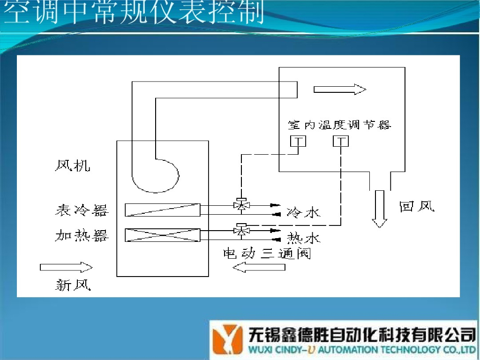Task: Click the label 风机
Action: tap(72, 165)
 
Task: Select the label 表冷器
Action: tap(82, 210)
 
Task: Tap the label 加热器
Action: tap(82, 235)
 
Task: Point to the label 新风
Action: tap(73, 285)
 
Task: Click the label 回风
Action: tap(417, 206)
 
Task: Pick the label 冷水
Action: tap(303, 213)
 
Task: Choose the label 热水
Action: tap(303, 238)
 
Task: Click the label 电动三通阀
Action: tap(267, 254)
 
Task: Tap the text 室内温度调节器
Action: tap(339, 125)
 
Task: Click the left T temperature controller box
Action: tap(298, 141)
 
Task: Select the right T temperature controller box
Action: tap(341, 141)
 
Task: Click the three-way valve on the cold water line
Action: tap(241, 204)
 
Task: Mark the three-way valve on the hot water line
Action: tap(241, 229)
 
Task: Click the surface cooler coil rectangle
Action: tap(163, 210)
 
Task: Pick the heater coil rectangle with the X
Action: tap(163, 235)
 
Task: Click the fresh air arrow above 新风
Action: tap(66, 267)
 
